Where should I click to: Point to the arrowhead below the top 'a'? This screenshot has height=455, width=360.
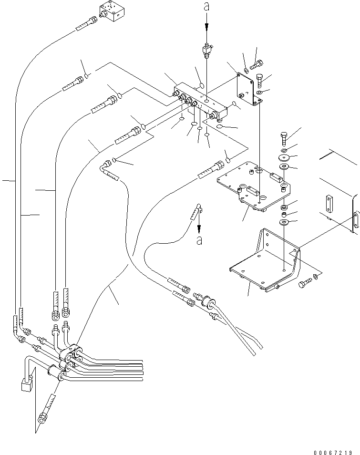pos(206,29)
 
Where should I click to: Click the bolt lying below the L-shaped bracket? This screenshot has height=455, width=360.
pos(303,284)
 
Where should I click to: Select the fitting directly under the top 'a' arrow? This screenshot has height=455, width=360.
pos(206,49)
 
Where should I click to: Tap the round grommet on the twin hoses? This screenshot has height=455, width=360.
pos(208,302)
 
